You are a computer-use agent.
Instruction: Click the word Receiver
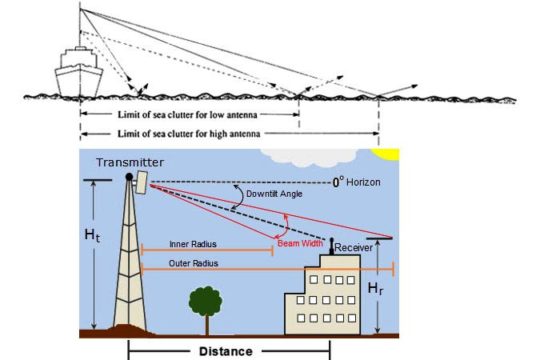pyautogui.click(x=357, y=246)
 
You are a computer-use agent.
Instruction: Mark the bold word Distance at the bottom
pyautogui.click(x=228, y=351)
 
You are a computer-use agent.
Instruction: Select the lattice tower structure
pyautogui.click(x=127, y=265)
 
